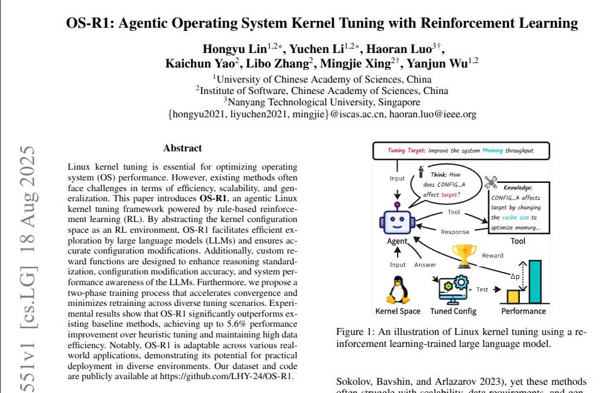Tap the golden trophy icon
[x=464, y=254]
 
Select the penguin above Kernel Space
[x=397, y=291]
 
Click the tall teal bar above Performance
[x=534, y=281]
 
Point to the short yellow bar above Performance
[x=514, y=295]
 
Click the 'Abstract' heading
[x=182, y=148]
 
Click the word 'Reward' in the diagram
[x=492, y=255]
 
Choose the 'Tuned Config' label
[x=453, y=311]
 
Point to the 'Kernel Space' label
[x=398, y=311]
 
